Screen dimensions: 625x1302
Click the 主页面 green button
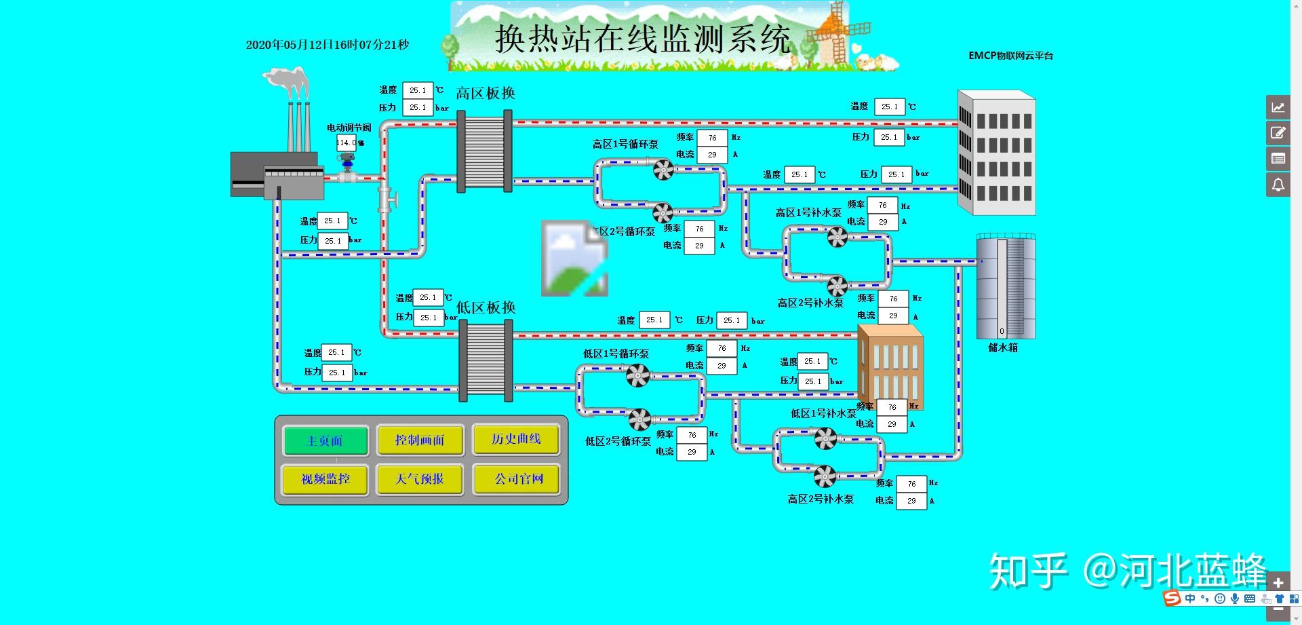coord(325,441)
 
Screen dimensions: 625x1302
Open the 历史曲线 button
coord(516,440)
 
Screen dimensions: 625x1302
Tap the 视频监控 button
coord(325,479)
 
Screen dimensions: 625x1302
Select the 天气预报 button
coord(420,479)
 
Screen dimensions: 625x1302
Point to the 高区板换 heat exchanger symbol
coord(485,151)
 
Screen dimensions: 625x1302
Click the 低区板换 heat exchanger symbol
coord(486,361)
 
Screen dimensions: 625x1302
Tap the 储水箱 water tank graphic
coord(1006,286)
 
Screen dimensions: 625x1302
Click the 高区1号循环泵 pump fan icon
coord(663,168)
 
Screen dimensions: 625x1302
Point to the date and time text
coord(328,45)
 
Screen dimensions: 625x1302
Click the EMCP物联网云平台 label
coord(1010,56)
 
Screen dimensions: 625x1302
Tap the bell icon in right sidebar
coord(1278,185)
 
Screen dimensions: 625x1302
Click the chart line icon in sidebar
coord(1278,107)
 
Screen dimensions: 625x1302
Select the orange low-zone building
coord(890,366)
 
